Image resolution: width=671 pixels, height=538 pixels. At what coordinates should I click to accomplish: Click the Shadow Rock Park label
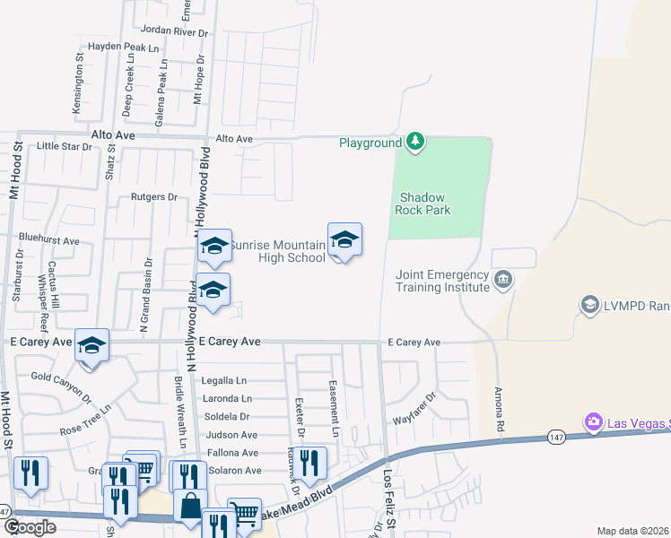(424, 204)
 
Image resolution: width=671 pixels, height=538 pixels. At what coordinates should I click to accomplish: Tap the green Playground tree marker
(414, 142)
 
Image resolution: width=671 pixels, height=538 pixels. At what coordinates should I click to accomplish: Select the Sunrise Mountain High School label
(277, 251)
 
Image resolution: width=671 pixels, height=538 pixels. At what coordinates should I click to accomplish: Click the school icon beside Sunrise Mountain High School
(344, 240)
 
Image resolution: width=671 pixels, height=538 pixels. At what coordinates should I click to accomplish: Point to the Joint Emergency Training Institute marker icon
(503, 281)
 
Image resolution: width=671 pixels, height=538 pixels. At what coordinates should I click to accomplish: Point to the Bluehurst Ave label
(49, 240)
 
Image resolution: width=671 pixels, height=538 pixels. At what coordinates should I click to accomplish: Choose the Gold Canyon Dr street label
(62, 384)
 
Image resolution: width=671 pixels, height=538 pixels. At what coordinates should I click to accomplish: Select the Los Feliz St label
(389, 496)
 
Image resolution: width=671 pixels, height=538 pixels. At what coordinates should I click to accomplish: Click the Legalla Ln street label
(224, 381)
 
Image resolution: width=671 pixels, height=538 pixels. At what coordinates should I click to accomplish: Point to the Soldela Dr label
(226, 417)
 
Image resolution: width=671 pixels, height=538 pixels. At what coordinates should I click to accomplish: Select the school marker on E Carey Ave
(91, 346)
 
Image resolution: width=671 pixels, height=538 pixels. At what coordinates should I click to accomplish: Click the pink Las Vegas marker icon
(592, 421)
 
